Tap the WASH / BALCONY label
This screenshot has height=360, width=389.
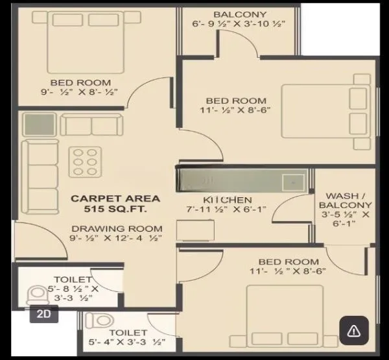tap(348, 200)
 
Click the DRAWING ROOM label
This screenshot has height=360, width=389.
tap(116, 228)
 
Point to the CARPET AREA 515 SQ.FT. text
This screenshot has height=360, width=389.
tap(115, 204)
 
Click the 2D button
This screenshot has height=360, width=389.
tap(45, 315)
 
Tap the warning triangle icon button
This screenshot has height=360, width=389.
tap(353, 331)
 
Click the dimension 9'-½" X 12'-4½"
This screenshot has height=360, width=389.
tap(116, 239)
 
